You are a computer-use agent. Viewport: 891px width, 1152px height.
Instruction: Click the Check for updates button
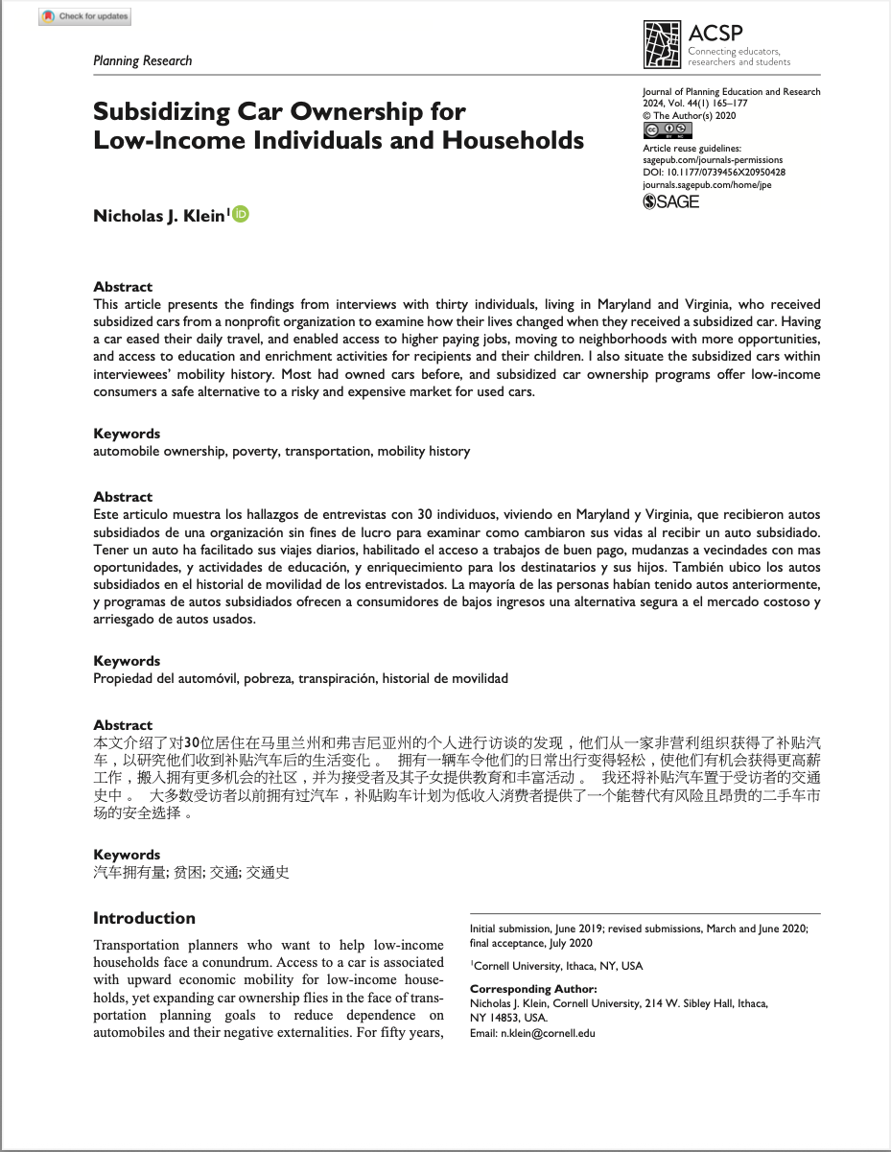coord(85,16)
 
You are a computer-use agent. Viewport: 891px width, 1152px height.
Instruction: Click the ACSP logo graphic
coord(662,44)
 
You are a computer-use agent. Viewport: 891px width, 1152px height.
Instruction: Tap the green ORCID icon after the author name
coord(240,214)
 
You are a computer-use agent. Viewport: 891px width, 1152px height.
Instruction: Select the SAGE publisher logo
coord(670,201)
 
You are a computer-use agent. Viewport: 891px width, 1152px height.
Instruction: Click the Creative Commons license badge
coord(667,129)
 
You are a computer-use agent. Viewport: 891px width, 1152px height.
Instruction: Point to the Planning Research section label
coord(142,60)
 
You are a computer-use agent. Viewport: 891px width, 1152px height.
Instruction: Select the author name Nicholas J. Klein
coord(158,216)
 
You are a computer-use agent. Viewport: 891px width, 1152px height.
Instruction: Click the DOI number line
coord(714,172)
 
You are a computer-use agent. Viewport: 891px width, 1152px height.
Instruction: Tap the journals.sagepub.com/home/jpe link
coord(706,184)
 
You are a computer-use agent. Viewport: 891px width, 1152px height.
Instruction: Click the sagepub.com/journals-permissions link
coord(712,160)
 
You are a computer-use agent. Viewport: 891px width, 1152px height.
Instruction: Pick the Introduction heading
coord(144,918)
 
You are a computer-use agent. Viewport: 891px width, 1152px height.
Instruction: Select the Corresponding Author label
coord(532,989)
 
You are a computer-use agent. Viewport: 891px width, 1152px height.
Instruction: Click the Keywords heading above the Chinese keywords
coord(127,854)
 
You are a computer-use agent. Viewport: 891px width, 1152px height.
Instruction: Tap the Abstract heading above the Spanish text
coord(123,497)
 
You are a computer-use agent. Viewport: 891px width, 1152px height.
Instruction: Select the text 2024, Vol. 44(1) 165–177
coord(694,103)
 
